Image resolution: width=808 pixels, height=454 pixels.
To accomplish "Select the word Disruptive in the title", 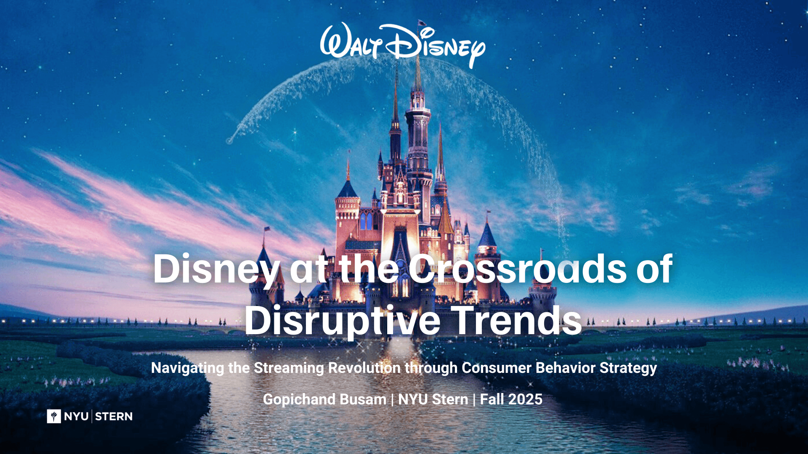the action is click(x=343, y=320).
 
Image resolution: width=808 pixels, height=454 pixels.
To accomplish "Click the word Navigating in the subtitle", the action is click(x=188, y=368).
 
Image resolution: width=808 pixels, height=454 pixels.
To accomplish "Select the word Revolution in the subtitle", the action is click(x=364, y=368).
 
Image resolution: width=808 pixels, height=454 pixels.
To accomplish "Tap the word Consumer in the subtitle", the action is click(x=497, y=368).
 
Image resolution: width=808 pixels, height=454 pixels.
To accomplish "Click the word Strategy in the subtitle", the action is click(x=628, y=368).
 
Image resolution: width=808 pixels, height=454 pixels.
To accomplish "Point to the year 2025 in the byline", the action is click(x=525, y=399).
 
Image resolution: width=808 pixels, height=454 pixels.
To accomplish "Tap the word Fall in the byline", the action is click(x=492, y=399).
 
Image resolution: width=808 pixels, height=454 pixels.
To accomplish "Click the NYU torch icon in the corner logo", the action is click(x=54, y=416).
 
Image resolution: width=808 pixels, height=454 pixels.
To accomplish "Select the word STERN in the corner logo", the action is click(x=114, y=417).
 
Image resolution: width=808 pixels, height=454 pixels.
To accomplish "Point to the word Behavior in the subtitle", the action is click(x=566, y=368).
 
